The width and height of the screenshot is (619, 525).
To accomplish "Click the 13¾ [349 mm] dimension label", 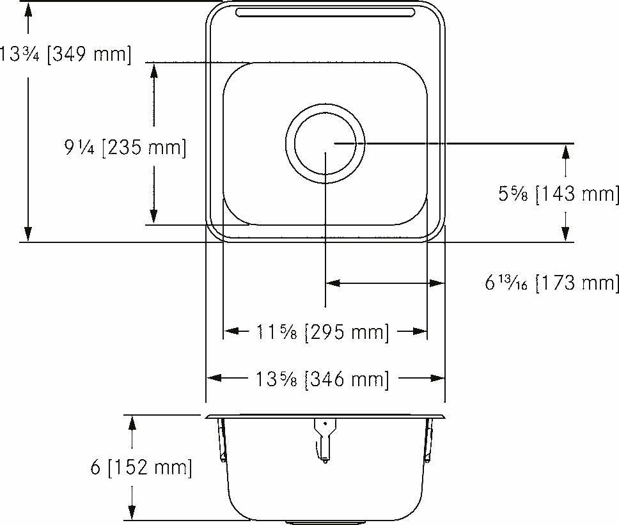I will click(x=65, y=54).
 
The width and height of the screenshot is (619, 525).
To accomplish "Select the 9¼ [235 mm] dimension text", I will click(x=125, y=148).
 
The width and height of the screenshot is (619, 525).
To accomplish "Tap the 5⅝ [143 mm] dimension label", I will click(x=558, y=194).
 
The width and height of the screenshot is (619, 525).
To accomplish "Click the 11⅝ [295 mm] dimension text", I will click(x=322, y=332).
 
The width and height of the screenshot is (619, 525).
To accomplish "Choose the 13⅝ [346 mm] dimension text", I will click(x=322, y=379).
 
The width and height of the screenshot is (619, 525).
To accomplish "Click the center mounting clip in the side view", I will click(x=325, y=438).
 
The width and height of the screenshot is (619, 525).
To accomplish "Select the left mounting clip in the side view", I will click(x=222, y=439).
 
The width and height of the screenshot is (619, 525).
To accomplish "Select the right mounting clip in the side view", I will click(x=428, y=439).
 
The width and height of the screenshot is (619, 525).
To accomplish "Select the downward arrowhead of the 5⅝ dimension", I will click(x=565, y=235).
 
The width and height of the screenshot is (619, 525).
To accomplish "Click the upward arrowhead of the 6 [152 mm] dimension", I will click(x=132, y=421).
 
